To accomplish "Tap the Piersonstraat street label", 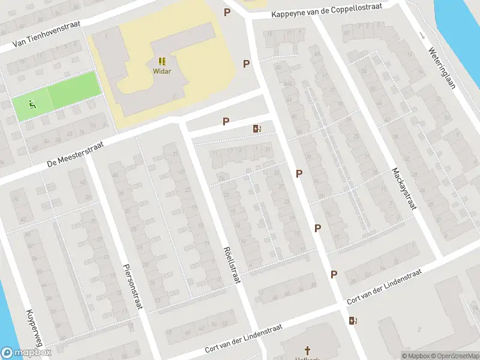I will tap(133, 286).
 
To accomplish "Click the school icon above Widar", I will tap(162, 61).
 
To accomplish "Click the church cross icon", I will tap(308, 350).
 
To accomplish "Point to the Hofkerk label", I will tap(308, 358).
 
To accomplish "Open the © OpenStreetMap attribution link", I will tap(456, 356).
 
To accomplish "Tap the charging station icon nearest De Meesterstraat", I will tap(257, 128).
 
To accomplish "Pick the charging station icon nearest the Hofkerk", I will tap(352, 320).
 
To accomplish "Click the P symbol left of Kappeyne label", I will tap(227, 12).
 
